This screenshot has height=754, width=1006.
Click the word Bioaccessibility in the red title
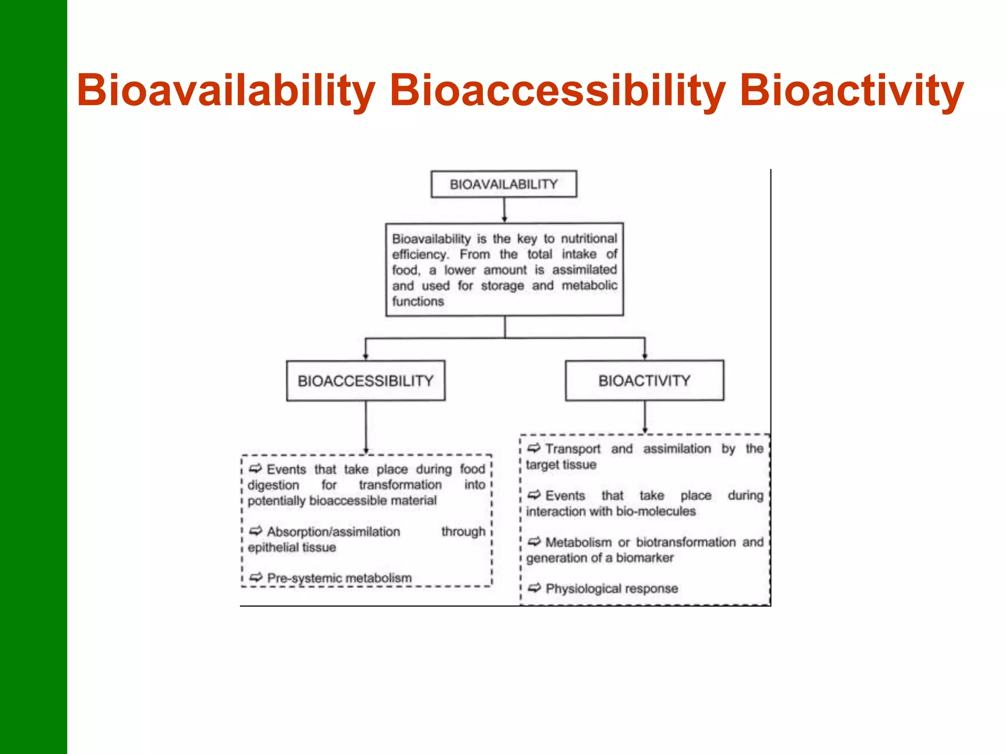tap(557, 91)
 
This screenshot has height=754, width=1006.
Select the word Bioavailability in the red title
tap(226, 91)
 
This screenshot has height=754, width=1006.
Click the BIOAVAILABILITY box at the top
tap(503, 185)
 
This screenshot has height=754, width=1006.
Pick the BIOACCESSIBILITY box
tap(365, 381)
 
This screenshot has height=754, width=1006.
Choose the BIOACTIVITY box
tap(644, 381)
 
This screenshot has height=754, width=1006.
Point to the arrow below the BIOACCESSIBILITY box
tap(366, 427)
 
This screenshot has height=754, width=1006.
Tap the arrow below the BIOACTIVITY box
tap(645, 417)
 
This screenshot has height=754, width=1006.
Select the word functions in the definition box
tap(418, 301)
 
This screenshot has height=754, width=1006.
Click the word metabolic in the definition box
tap(589, 286)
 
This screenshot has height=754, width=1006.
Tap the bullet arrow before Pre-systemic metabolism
tap(256, 578)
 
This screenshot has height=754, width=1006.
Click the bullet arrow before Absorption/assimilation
tap(256, 531)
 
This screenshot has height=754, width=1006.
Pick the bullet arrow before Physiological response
tap(534, 588)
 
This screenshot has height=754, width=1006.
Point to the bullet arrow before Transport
tap(534, 448)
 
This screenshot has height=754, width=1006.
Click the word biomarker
tap(644, 558)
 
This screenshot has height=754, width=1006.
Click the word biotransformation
tap(686, 542)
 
